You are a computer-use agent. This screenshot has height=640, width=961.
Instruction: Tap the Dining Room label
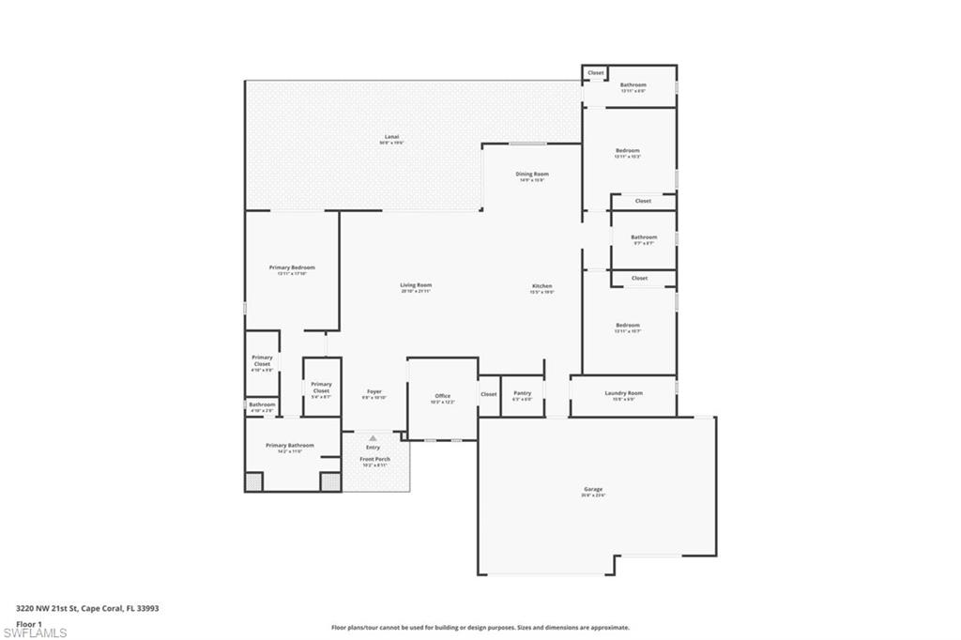[x=532, y=175]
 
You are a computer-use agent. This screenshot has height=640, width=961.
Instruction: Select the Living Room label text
[x=416, y=285]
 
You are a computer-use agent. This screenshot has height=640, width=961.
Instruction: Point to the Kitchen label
[x=542, y=286]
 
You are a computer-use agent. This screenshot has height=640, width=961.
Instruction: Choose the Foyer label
[x=374, y=391]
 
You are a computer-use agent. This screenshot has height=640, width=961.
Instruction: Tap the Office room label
[x=443, y=396]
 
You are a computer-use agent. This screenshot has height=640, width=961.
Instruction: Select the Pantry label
[x=523, y=393]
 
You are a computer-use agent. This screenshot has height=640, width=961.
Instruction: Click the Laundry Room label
[x=623, y=393]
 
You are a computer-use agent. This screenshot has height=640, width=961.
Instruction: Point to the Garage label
[x=593, y=489]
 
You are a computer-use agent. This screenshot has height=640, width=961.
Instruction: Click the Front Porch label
[x=374, y=460]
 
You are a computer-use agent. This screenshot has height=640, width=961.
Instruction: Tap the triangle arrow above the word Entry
[x=373, y=438]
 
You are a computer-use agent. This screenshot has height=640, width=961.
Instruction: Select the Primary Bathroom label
[x=289, y=446]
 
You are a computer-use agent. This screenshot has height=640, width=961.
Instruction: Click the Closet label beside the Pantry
[x=489, y=394]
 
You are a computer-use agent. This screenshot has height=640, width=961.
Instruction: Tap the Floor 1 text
[x=29, y=623]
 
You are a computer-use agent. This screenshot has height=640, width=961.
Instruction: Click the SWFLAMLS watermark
[x=35, y=632]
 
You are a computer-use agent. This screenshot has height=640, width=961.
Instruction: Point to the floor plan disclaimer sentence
[x=480, y=627]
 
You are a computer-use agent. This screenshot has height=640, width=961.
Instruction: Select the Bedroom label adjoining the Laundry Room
[x=627, y=326]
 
